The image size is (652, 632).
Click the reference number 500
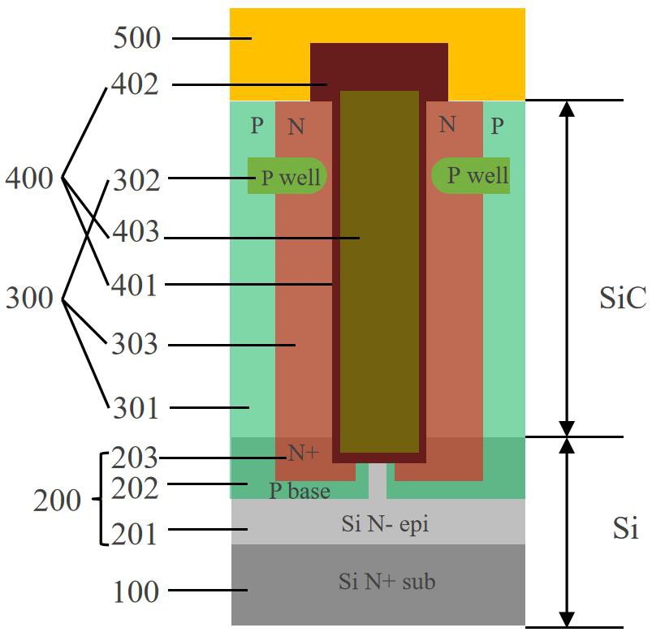pos(136,38)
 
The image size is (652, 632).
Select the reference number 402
pos(135,84)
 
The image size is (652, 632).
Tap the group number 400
pos(29,178)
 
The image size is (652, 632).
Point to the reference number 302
pos(136,180)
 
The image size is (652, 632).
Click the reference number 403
pos(136,231)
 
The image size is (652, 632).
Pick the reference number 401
pos(135,285)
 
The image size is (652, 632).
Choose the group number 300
pos(29,298)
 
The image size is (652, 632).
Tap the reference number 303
pos(135,344)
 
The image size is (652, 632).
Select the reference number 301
pos(136,407)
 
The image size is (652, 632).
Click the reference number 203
pos(135,458)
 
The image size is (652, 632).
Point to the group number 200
pos(57,501)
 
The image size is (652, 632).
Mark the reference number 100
pos(136,591)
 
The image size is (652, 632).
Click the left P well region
pos(287,176)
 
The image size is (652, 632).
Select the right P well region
pos(470,176)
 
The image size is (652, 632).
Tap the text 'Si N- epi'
pos(385,524)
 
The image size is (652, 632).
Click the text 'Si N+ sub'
pos(386,582)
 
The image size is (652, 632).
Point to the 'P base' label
pos(300,491)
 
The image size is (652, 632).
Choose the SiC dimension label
pos(623,298)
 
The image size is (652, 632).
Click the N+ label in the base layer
pos(303,453)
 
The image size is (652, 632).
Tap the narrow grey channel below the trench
pos(378,481)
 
